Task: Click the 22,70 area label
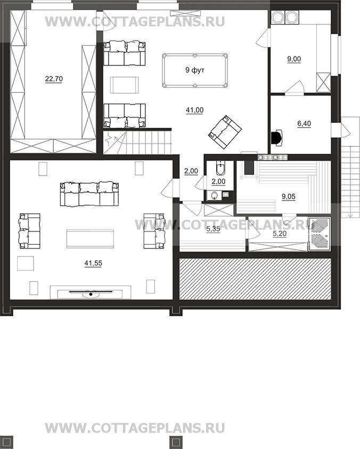(54, 79)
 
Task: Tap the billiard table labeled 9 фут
(195, 70)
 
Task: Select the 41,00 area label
(194, 110)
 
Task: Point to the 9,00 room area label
(294, 59)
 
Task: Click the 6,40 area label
(304, 124)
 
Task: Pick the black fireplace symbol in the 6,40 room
(276, 137)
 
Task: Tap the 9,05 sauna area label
(289, 197)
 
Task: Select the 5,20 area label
(280, 234)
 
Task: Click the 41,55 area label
(93, 263)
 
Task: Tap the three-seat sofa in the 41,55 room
(89, 194)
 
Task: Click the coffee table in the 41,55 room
(91, 238)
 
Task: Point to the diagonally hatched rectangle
(255, 279)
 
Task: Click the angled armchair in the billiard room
(225, 132)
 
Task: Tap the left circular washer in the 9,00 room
(277, 17)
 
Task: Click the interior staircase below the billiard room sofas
(137, 143)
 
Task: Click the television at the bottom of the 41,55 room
(91, 293)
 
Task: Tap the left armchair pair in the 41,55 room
(29, 231)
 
